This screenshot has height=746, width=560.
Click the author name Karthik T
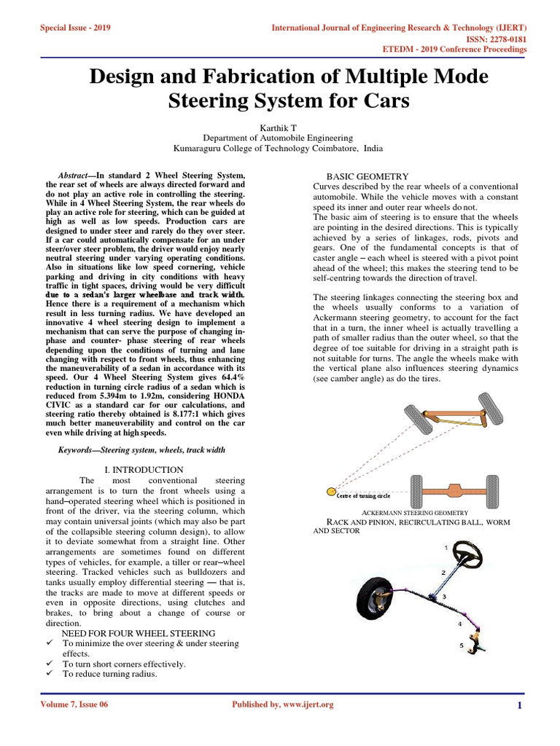(280, 127)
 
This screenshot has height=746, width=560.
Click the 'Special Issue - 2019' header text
(69, 28)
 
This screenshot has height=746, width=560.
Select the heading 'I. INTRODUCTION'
(143, 470)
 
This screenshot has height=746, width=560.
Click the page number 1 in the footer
(518, 705)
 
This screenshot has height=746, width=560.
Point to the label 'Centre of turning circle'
(364, 495)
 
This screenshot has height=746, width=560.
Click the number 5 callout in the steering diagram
(461, 645)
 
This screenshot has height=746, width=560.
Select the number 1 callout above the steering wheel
(446, 546)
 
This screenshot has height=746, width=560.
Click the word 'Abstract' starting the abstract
(74, 176)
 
